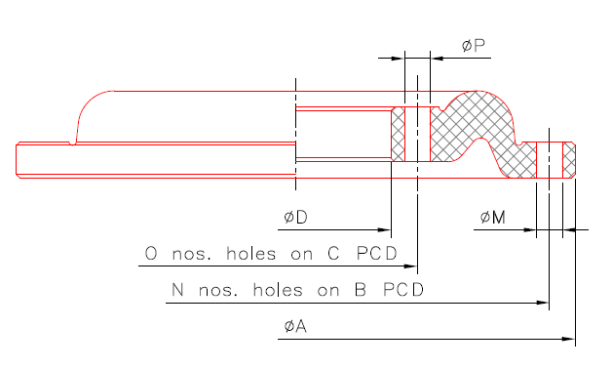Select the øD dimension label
point(295,216)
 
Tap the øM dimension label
point(492,217)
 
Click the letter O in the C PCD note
point(151,254)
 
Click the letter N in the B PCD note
point(178,290)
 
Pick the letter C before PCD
point(333,254)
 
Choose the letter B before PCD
point(361,290)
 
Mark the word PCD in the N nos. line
point(404,290)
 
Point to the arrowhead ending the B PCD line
point(543,303)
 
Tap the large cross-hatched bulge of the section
point(474,117)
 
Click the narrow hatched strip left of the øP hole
point(398,135)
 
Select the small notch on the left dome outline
point(73,143)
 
